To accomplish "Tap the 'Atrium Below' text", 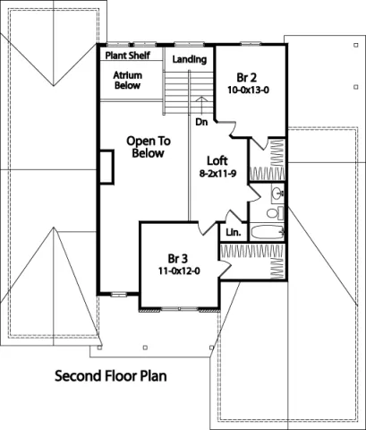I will pyautogui.click(x=129, y=82).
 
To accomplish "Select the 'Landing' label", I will pyautogui.click(x=190, y=60).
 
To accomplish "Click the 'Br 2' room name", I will pyautogui.click(x=248, y=78).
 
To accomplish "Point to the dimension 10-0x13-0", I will pyautogui.click(x=248, y=90).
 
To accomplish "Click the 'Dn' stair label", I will pyautogui.click(x=201, y=121).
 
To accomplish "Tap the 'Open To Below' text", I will pyautogui.click(x=149, y=148).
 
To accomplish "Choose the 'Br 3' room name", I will pyautogui.click(x=178, y=256).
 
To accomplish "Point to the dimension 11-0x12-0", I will pyautogui.click(x=178, y=270).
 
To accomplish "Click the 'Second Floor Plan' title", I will pyautogui.click(x=110, y=375).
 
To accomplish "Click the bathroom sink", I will pyautogui.click(x=276, y=193).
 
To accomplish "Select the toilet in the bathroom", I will pyautogui.click(x=277, y=212).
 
